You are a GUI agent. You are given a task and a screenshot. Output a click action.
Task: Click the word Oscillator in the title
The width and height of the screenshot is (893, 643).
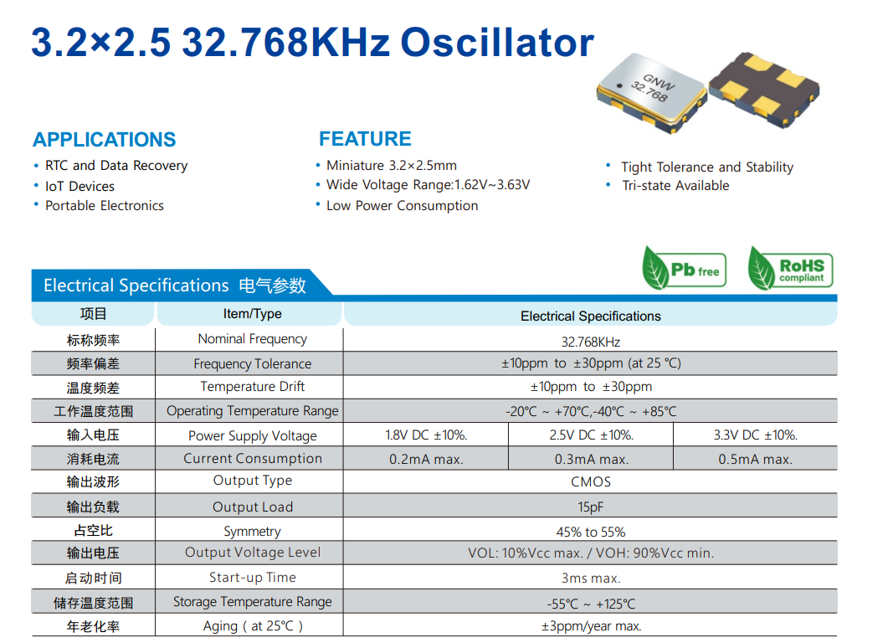pyautogui.click(x=497, y=43)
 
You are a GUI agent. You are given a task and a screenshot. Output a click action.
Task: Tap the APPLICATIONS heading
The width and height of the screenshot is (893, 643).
pyautogui.click(x=105, y=140)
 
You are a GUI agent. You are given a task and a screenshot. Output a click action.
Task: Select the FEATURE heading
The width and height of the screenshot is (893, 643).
pyautogui.click(x=365, y=139)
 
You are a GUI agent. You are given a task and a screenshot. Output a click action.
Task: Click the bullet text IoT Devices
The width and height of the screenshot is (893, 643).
pyautogui.click(x=80, y=186)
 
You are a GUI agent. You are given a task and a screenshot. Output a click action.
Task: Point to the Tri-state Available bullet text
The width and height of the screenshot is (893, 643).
pyautogui.click(x=675, y=186)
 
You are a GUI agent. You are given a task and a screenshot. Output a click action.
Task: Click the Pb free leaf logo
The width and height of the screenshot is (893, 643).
pyautogui.click(x=684, y=268)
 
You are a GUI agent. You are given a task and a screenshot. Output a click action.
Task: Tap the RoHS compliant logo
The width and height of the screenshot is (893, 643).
pyautogui.click(x=791, y=268)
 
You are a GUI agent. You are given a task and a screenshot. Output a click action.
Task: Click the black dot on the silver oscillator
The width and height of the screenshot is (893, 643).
pyautogui.click(x=619, y=86)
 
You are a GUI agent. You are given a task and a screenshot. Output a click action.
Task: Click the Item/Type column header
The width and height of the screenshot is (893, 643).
pyautogui.click(x=252, y=314)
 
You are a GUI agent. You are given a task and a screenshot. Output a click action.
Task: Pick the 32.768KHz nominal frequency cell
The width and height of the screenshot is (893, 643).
pyautogui.click(x=591, y=342)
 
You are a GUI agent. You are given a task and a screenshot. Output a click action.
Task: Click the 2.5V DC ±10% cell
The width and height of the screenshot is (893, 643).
pyautogui.click(x=591, y=435)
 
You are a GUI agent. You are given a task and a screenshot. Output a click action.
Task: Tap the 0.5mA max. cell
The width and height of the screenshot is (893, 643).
pyautogui.click(x=755, y=459)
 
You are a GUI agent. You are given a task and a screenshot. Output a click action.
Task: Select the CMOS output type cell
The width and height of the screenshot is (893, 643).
pyautogui.click(x=591, y=481)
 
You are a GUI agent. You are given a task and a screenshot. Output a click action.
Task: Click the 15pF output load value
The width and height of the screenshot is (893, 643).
pyautogui.click(x=591, y=507)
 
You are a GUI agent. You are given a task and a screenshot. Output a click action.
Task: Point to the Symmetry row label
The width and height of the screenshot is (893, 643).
pyautogui.click(x=252, y=532)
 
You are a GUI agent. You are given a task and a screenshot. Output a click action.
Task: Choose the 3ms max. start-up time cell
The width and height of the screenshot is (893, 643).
pyautogui.click(x=591, y=578)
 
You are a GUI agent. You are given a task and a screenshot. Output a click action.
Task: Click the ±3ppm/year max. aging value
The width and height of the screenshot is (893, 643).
pyautogui.click(x=591, y=626)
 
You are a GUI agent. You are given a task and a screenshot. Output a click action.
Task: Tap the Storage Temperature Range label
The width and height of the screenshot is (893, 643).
pyautogui.click(x=252, y=602)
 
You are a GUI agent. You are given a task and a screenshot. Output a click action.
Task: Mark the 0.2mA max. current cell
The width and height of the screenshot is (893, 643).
pyautogui.click(x=426, y=459)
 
